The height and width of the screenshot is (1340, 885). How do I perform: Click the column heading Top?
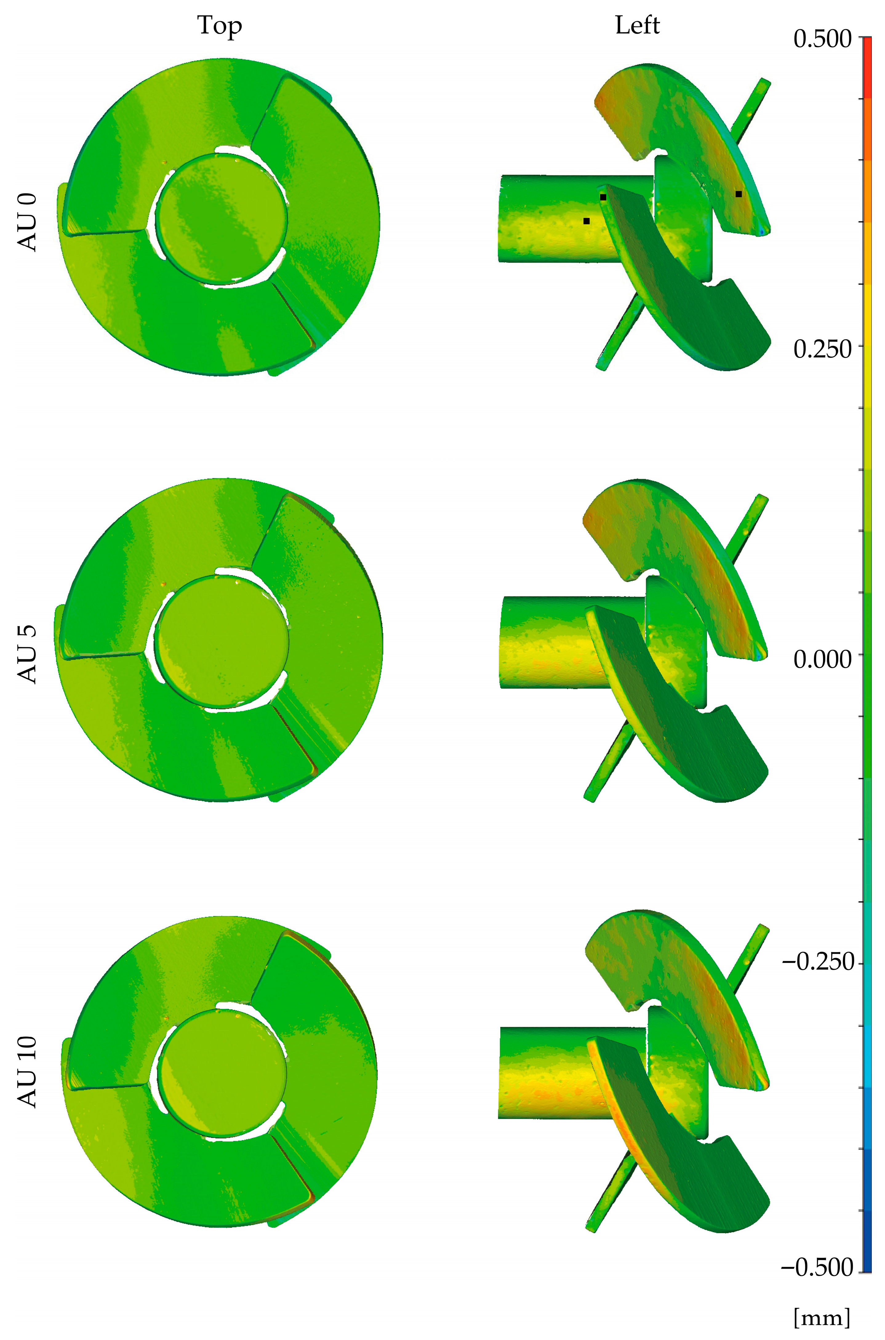pos(219,26)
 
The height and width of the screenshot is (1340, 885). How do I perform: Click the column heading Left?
pos(637,26)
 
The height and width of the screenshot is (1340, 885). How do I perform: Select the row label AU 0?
pos(27,222)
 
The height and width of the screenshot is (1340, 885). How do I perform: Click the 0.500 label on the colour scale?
pos(822,39)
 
